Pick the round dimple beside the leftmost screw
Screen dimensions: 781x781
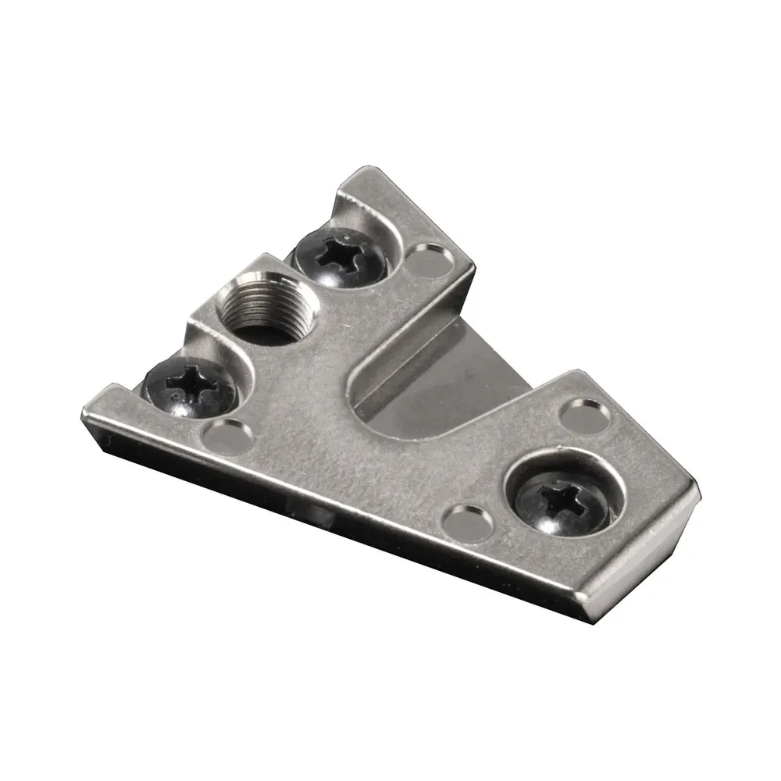(226, 432)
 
